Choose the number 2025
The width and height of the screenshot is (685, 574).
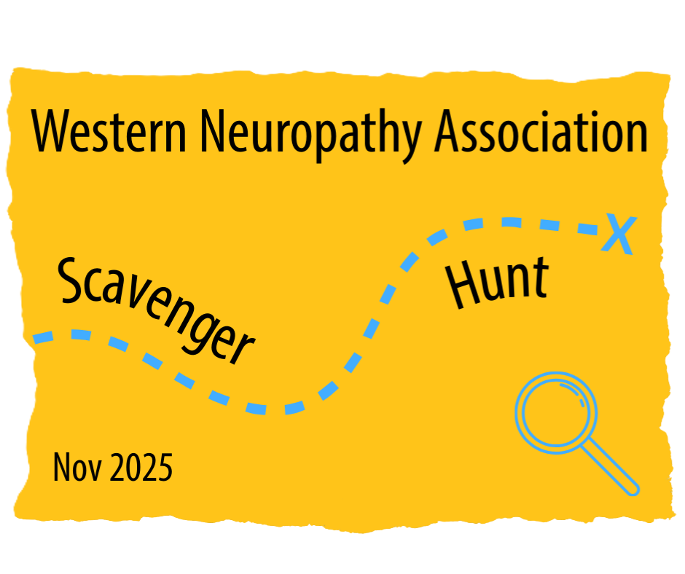pos(141,468)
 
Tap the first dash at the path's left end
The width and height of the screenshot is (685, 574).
pos(43,337)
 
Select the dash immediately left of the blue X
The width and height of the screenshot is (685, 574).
pos(587,229)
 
